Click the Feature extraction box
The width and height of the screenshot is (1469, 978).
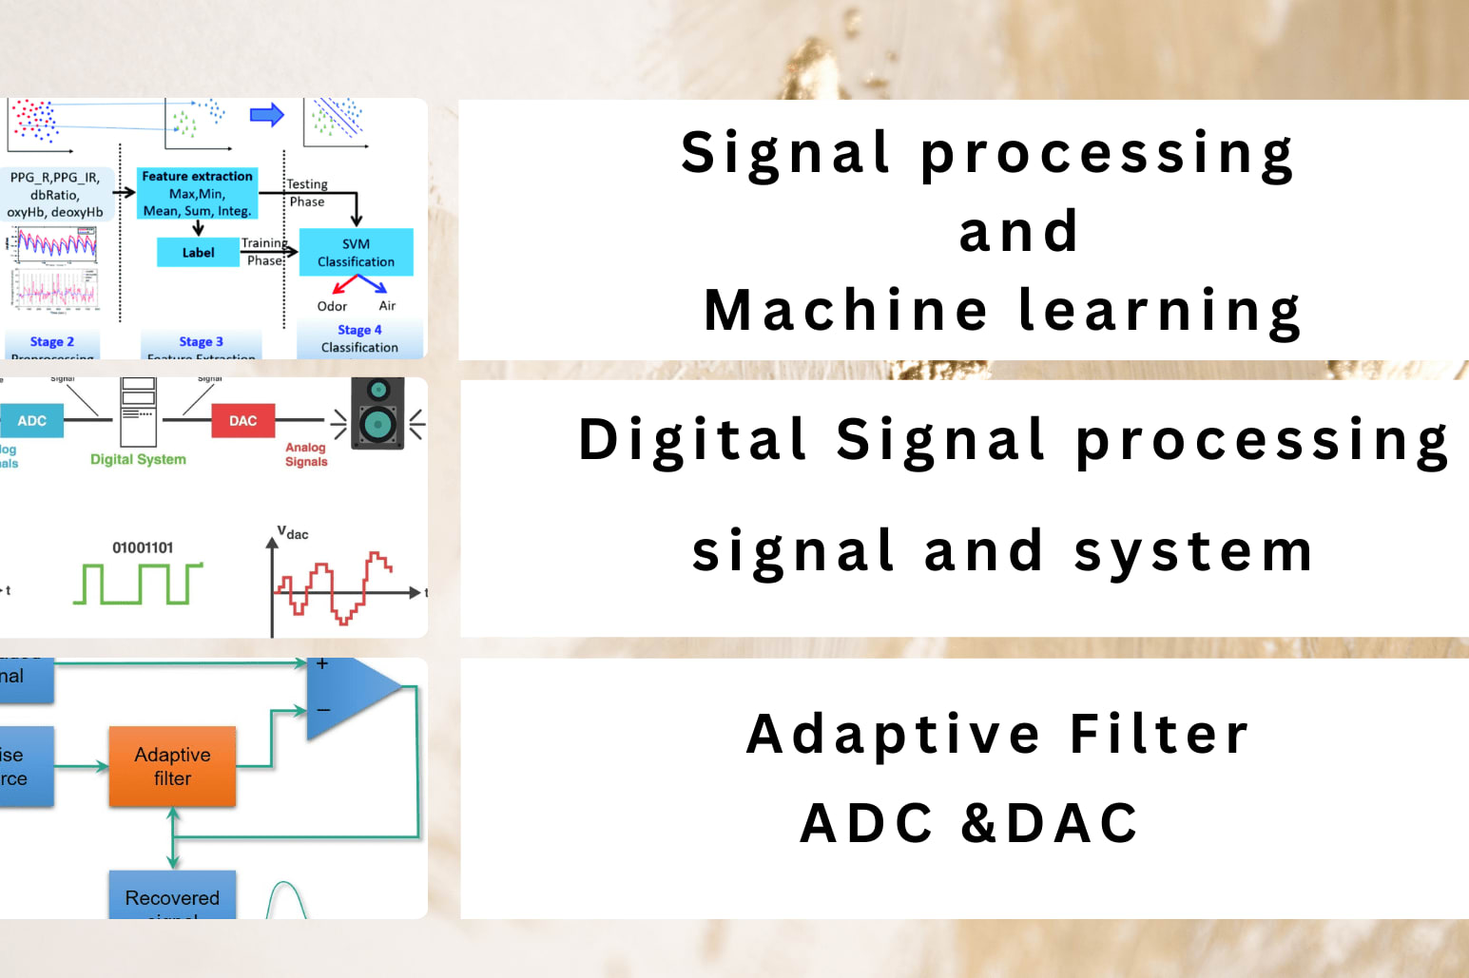(x=197, y=194)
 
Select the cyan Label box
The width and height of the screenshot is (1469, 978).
(x=198, y=253)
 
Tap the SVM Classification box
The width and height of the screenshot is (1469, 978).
(x=356, y=253)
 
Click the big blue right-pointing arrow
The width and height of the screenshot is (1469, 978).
(x=267, y=116)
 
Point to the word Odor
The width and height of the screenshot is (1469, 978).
(x=332, y=306)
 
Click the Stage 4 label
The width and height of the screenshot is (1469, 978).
(x=359, y=330)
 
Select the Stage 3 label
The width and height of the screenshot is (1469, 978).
(x=201, y=342)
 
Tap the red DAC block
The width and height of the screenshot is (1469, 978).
(x=242, y=421)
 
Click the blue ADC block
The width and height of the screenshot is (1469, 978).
(x=31, y=421)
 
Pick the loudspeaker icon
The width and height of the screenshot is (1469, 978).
(x=377, y=413)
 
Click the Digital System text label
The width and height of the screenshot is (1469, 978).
(x=138, y=459)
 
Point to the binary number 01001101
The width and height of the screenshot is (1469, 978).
(x=143, y=547)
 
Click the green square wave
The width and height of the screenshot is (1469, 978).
(x=138, y=584)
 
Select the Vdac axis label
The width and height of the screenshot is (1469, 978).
(x=293, y=533)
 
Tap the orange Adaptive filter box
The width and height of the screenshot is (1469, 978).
(x=172, y=767)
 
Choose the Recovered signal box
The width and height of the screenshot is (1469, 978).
(x=172, y=897)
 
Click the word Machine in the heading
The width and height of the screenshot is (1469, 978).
(x=845, y=311)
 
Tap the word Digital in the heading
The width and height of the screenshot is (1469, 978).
(x=693, y=440)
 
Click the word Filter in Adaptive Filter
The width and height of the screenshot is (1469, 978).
(x=1159, y=735)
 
